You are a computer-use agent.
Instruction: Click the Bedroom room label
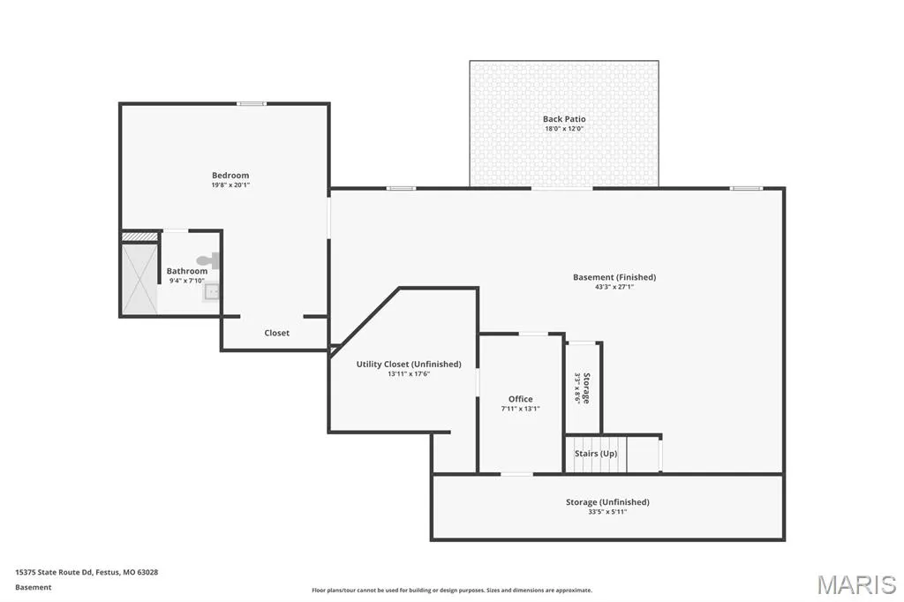230,176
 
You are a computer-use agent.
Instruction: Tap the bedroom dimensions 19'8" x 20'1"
230,185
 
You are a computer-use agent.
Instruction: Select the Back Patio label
564,119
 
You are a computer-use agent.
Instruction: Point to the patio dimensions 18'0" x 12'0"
564,129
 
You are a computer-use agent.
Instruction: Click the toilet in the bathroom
208,260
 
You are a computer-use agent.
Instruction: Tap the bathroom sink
211,292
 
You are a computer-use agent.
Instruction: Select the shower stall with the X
139,279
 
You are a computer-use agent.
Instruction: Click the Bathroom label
187,271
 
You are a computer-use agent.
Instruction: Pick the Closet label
276,333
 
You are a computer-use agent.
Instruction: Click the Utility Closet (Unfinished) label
409,364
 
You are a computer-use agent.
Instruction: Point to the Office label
521,399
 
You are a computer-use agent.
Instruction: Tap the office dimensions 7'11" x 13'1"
521,409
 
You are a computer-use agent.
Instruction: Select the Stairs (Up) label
596,453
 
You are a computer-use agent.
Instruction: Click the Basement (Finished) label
614,277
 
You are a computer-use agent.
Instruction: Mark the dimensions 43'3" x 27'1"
614,287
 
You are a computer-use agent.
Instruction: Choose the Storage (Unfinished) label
607,502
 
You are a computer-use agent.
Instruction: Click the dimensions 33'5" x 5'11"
607,512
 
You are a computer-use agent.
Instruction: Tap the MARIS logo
856,584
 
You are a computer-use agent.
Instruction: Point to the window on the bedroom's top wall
252,104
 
